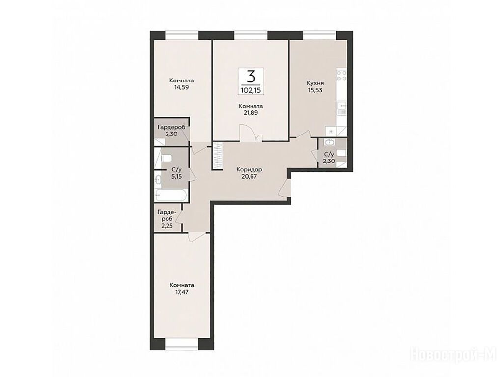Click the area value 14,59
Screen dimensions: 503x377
(x=182, y=87)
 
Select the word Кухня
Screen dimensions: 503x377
(x=314, y=83)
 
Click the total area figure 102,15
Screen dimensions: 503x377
(x=251, y=90)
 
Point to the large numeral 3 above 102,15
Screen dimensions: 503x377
(x=251, y=77)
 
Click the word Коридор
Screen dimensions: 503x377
(x=249, y=169)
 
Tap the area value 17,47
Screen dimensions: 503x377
(x=182, y=292)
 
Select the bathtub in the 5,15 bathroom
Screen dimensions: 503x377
(x=170, y=195)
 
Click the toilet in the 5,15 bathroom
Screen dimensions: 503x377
(x=167, y=159)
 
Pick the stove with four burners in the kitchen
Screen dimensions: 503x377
(x=341, y=76)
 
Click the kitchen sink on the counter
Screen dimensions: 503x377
(x=342, y=108)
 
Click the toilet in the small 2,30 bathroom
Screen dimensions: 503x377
(x=342, y=154)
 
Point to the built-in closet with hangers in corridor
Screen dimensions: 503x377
(x=218, y=156)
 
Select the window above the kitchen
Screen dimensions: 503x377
(x=319, y=35)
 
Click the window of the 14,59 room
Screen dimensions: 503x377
(x=182, y=35)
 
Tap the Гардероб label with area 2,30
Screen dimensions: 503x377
(x=171, y=127)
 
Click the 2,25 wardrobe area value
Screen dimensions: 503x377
(x=167, y=226)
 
